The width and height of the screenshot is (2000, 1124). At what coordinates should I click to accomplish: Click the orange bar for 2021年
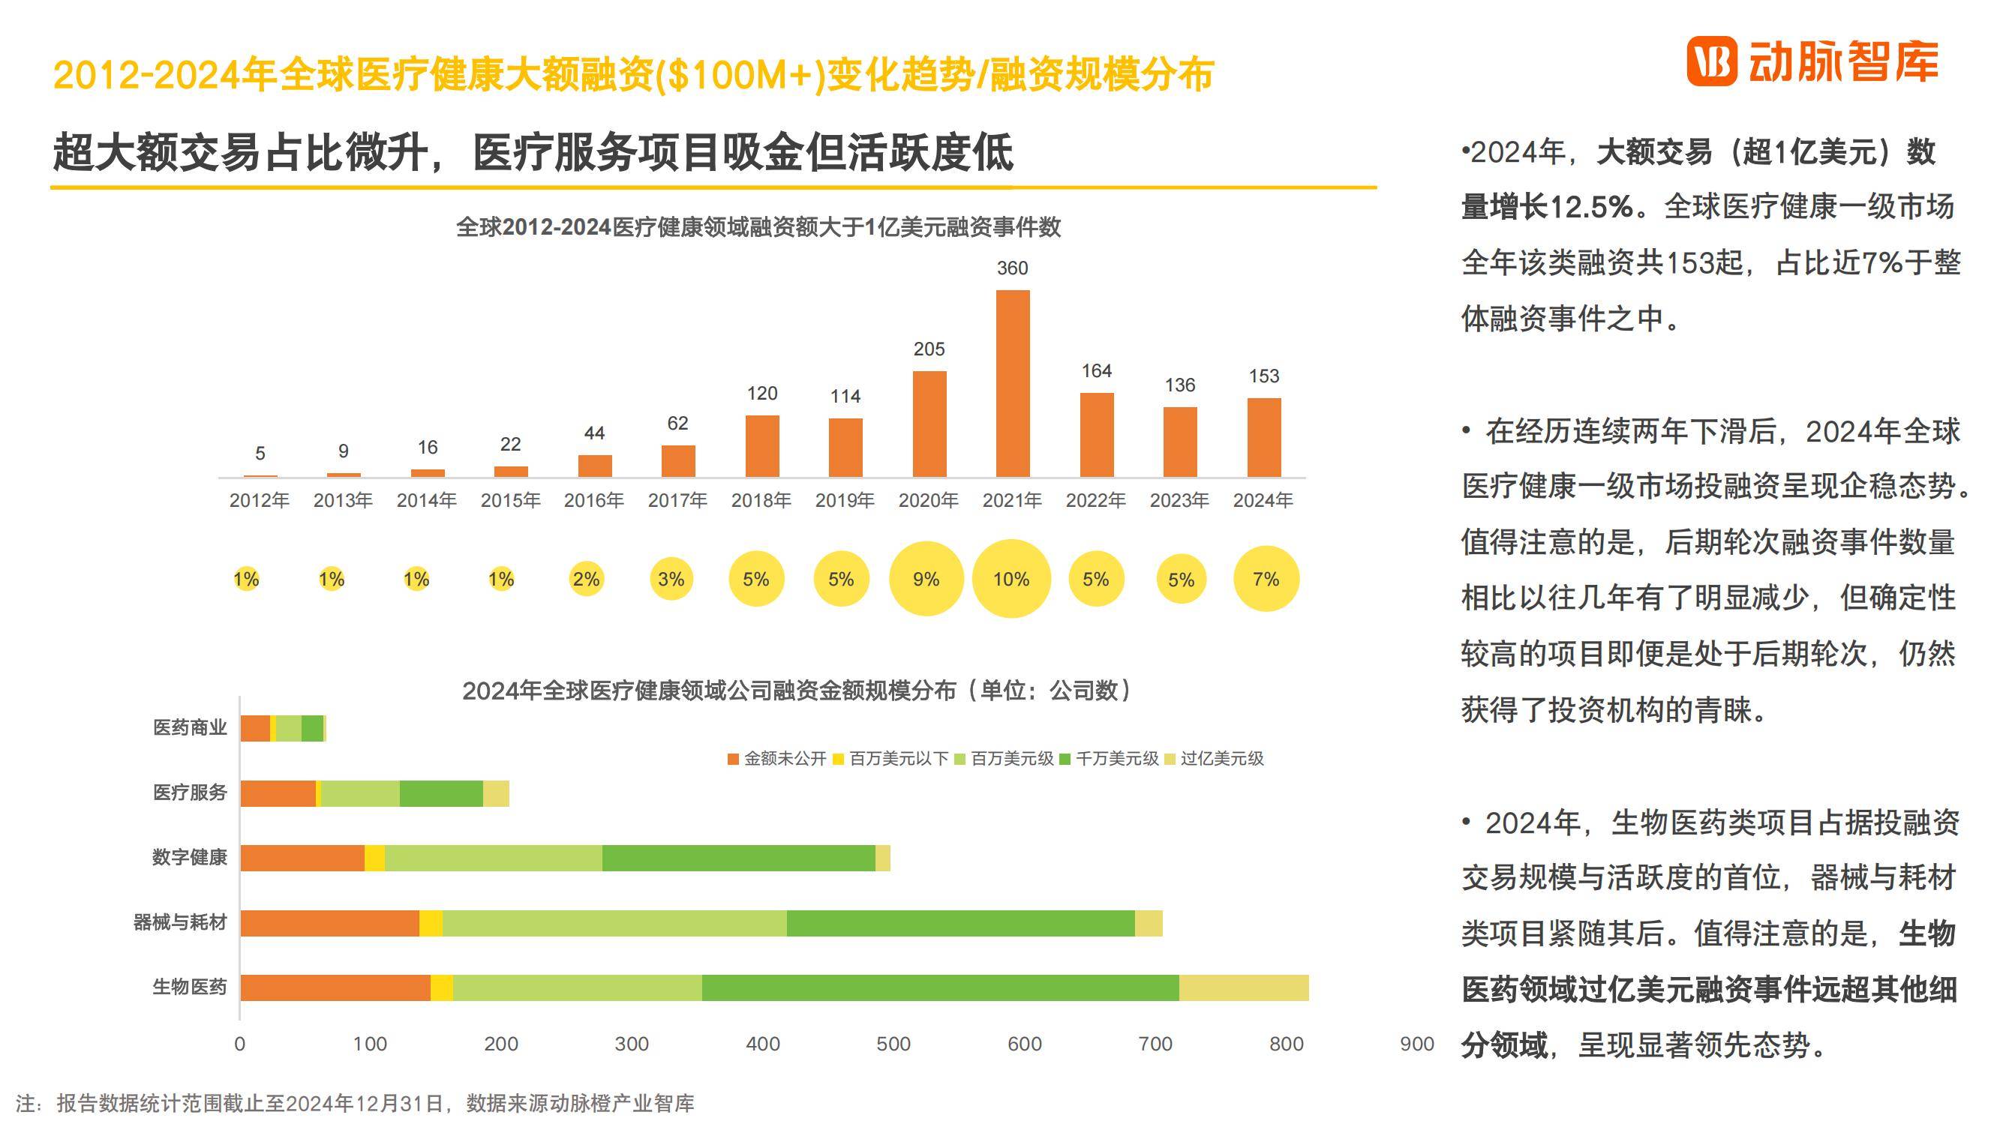point(1013,383)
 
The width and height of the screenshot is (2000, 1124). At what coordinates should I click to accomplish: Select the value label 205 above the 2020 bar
point(929,349)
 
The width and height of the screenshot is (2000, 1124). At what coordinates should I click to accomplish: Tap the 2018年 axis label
point(761,501)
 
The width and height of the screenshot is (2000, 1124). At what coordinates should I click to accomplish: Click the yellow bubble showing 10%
point(1011,579)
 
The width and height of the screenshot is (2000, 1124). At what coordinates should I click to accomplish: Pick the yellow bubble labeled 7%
point(1266,579)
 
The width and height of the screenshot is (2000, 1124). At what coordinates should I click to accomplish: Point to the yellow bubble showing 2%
point(586,579)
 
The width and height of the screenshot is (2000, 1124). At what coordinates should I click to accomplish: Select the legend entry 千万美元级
point(1110,759)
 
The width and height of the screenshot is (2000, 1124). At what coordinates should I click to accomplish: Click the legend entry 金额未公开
point(778,759)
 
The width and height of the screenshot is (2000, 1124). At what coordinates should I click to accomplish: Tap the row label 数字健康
point(190,858)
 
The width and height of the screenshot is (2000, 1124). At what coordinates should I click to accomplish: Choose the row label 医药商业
point(190,728)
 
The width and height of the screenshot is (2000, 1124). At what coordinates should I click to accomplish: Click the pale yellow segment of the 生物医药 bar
point(1244,988)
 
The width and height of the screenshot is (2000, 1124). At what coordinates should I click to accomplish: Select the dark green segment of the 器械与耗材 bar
point(960,923)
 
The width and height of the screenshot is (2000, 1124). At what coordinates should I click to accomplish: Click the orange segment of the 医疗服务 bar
point(278,793)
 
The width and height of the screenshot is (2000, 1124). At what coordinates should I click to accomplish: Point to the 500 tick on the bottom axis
point(893,1044)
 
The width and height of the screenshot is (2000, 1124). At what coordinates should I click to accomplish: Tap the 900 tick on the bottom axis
point(1416,1044)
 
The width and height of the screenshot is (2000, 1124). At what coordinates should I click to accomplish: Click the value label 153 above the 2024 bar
point(1263,376)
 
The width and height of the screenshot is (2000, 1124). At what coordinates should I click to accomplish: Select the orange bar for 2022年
point(1096,435)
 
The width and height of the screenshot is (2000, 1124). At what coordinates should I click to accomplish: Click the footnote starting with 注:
point(355,1103)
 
